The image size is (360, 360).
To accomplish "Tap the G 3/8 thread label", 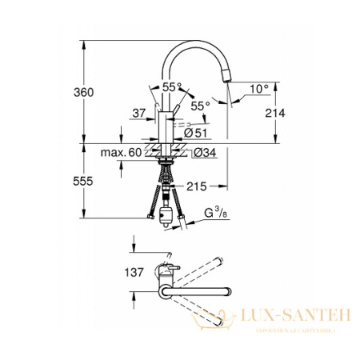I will coord(215,212).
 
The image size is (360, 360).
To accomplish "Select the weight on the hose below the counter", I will coord(167,214).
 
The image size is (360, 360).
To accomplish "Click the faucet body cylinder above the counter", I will coord(167,129).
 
